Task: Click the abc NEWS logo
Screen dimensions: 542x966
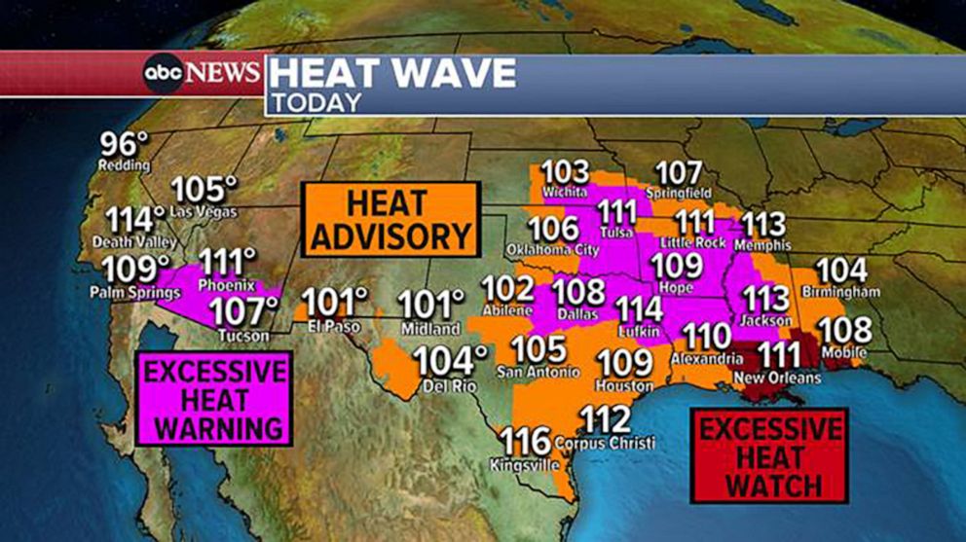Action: [203, 73]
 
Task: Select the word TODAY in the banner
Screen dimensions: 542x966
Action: [317, 101]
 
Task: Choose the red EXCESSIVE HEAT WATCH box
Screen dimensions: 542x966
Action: [769, 455]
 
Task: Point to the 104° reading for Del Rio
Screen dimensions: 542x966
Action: [449, 361]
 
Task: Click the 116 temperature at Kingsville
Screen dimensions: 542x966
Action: [526, 442]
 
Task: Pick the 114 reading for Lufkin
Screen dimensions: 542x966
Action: [640, 309]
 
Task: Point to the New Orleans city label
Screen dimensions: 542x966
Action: [774, 378]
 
